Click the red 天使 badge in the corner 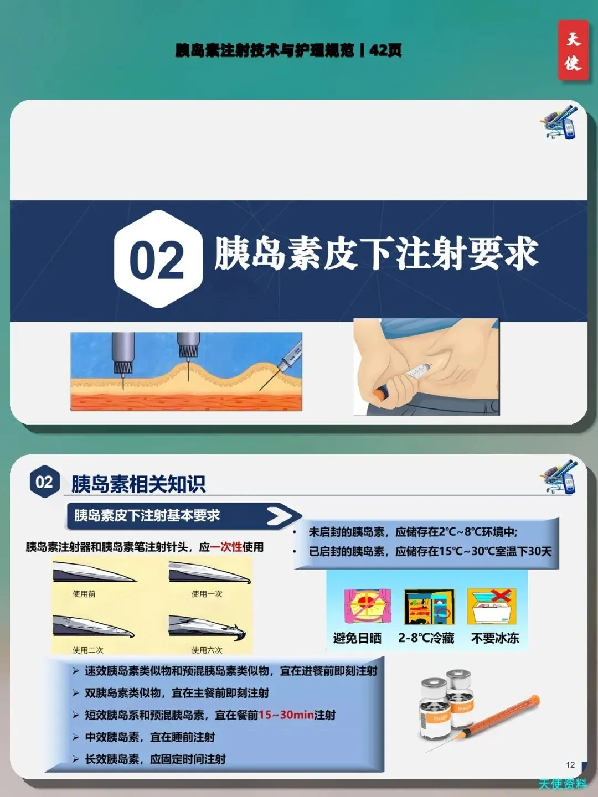(x=573, y=50)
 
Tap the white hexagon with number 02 (x=158, y=259)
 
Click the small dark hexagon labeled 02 (x=45, y=482)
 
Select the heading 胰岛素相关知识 (x=138, y=483)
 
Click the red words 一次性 (x=226, y=547)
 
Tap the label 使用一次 (x=207, y=594)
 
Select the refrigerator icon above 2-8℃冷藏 (x=429, y=607)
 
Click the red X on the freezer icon (x=501, y=596)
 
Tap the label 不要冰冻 (x=495, y=638)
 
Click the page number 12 (x=570, y=765)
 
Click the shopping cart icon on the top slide (x=558, y=122)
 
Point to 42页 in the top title (x=385, y=50)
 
